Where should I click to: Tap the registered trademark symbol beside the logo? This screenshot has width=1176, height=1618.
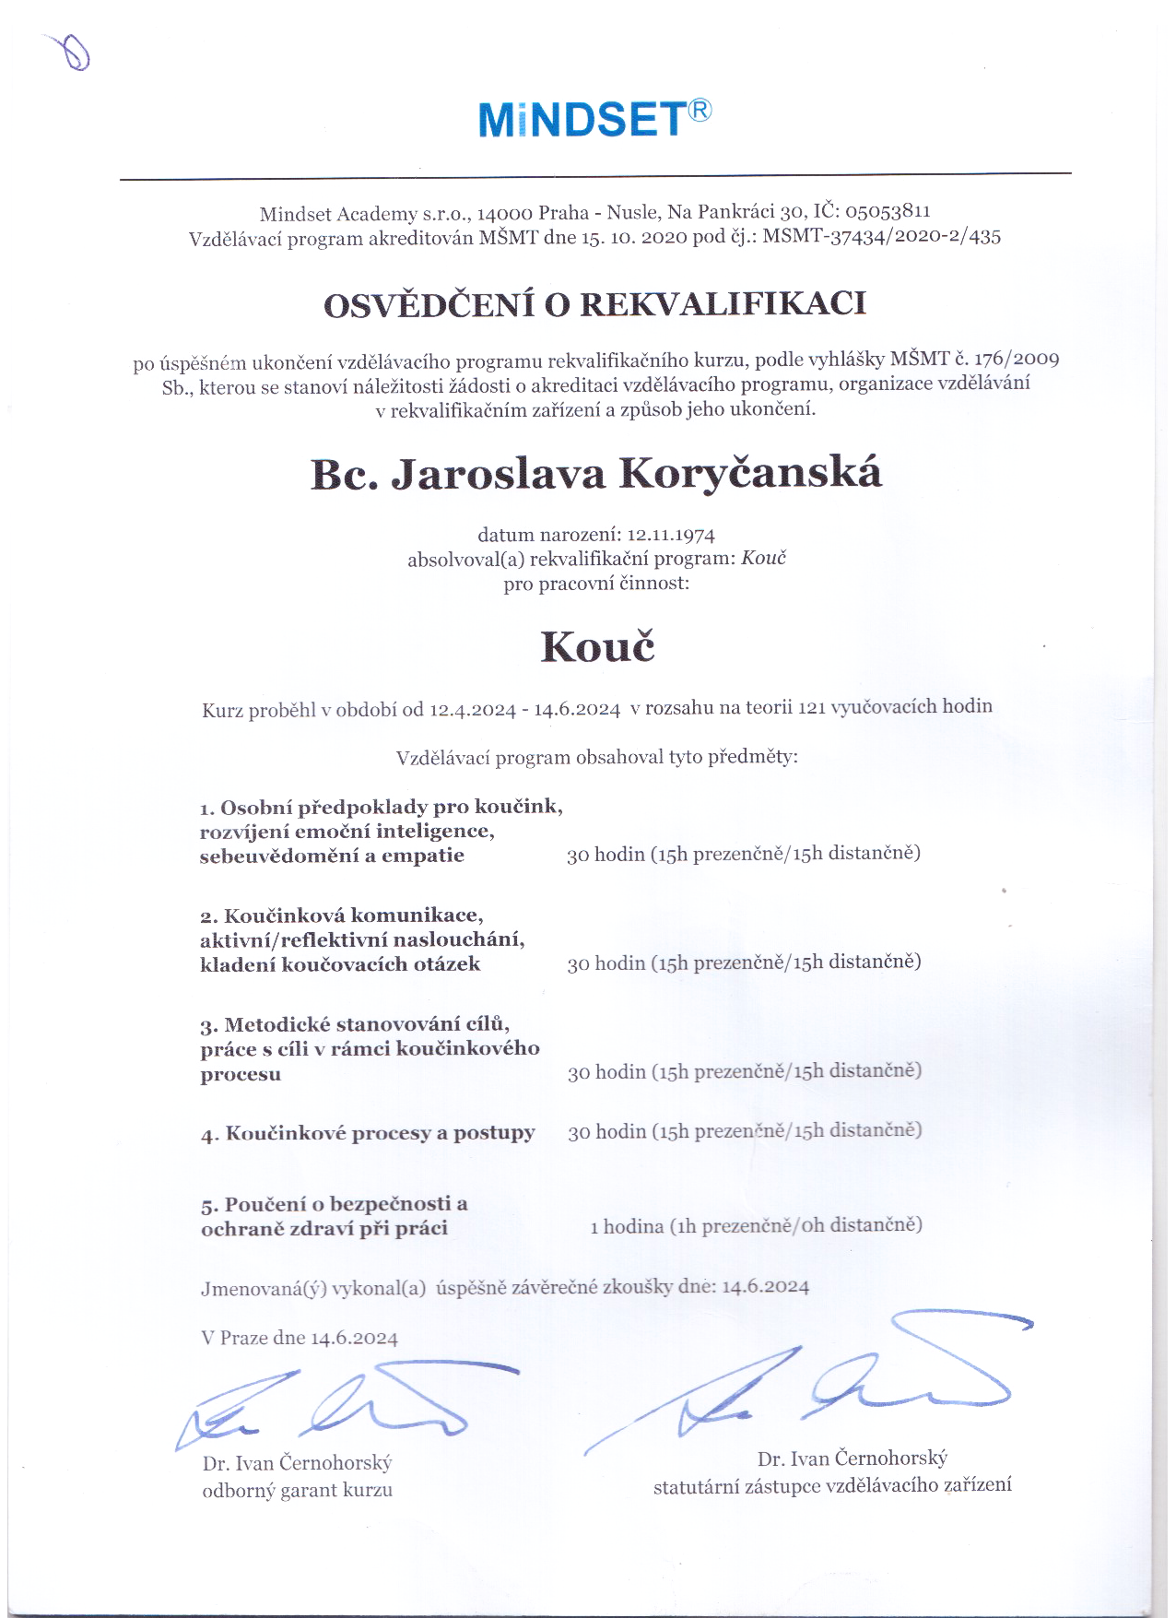point(700,111)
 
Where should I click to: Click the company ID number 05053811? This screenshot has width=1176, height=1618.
point(888,211)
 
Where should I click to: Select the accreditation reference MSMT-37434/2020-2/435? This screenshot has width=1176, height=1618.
point(881,236)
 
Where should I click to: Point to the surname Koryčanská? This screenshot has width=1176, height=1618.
point(750,474)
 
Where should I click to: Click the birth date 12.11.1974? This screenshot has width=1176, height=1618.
point(671,535)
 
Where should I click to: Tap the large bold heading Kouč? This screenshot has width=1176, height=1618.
point(597,646)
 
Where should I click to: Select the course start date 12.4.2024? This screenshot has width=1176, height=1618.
point(472,709)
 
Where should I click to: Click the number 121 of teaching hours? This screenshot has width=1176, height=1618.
point(811,707)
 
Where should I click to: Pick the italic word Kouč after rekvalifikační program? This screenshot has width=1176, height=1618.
point(763,559)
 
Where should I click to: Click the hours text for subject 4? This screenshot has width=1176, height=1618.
point(744,1131)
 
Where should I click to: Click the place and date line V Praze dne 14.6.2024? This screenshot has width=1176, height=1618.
point(300,1338)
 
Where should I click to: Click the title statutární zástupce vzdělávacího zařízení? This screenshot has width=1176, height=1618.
point(831,1485)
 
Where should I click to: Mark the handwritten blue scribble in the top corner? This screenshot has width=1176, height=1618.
point(72,52)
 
